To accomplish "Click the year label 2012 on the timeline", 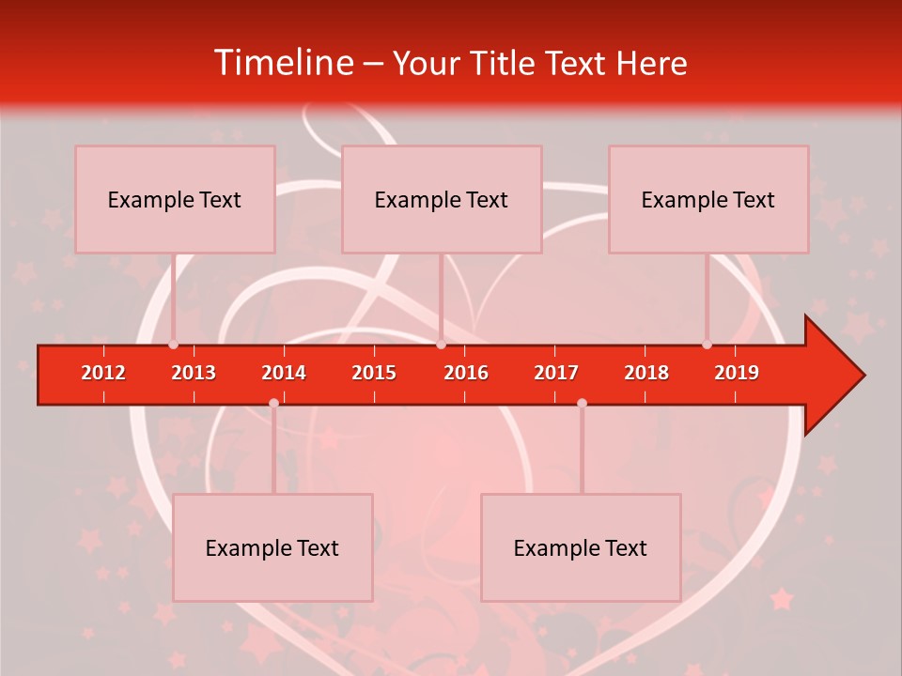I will point(103,373).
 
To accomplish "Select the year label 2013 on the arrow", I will point(194,373).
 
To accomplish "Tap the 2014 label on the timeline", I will point(284,373).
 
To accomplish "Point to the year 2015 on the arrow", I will point(374,373).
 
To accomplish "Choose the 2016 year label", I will point(466,373).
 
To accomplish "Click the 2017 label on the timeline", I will point(556,373).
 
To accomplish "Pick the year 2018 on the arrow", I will point(646,373).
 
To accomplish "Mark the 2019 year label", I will point(737,373).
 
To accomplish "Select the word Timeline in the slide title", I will point(283,63).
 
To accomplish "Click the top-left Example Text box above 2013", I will point(175,199).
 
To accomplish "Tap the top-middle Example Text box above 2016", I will point(442,199).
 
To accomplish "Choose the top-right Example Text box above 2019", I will point(708,199).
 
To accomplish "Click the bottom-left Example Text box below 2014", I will point(272,547).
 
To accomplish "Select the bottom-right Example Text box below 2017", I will point(581,547).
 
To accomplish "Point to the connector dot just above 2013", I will point(173,345).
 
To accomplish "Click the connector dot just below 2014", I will point(273,403).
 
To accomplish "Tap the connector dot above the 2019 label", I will point(707,345).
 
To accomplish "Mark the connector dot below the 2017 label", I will point(582,403).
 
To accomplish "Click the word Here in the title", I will point(651,63).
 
